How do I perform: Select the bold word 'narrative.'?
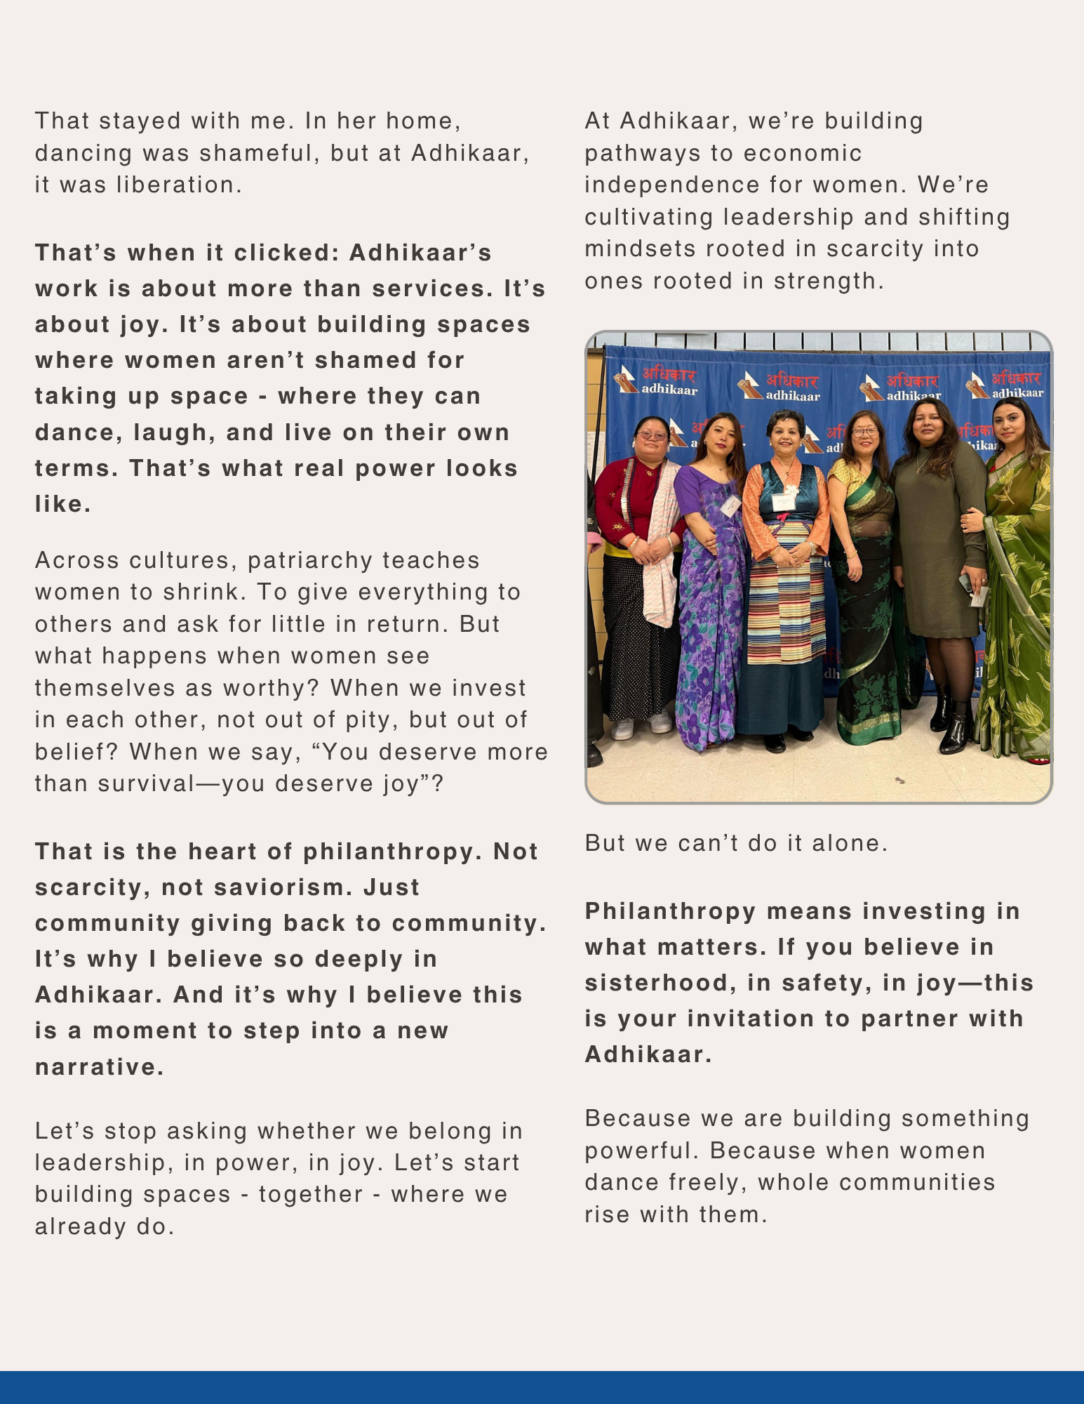coord(100,1067)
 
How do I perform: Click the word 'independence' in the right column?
coord(672,185)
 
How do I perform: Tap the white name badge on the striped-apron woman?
coord(784,502)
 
